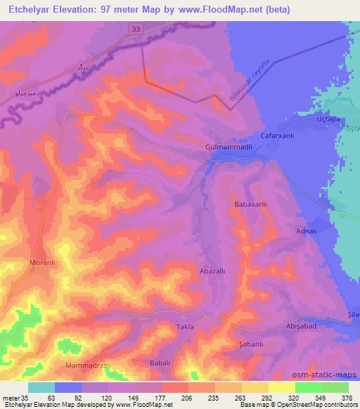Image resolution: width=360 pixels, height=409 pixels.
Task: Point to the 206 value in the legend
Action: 166,398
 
